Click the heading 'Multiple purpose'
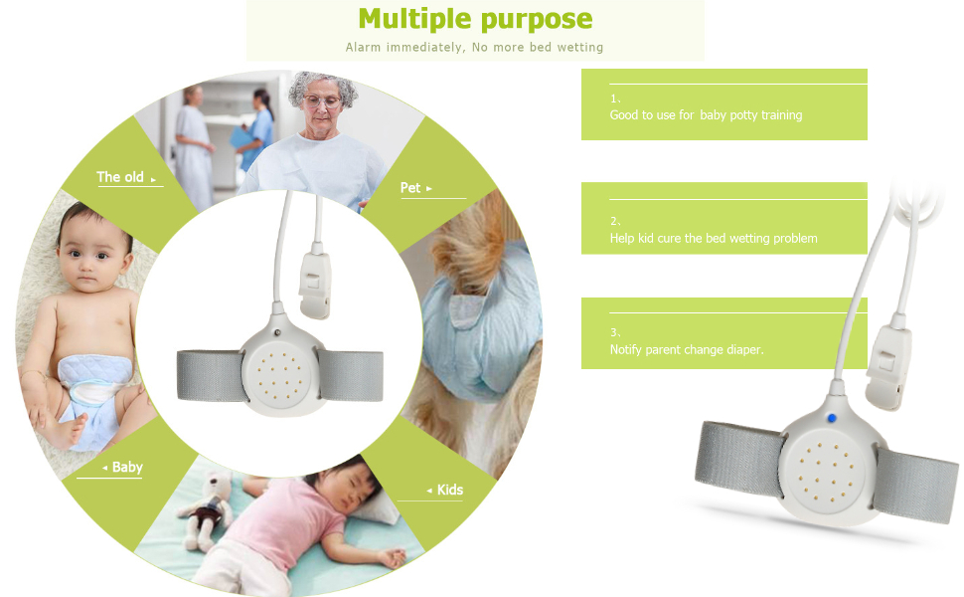point(475,19)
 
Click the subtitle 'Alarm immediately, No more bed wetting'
point(474,47)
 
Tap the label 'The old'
point(120,177)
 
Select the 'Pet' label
point(410,187)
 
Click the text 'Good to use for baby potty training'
point(706,115)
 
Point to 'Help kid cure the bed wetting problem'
point(713,239)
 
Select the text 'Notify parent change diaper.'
point(687,350)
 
